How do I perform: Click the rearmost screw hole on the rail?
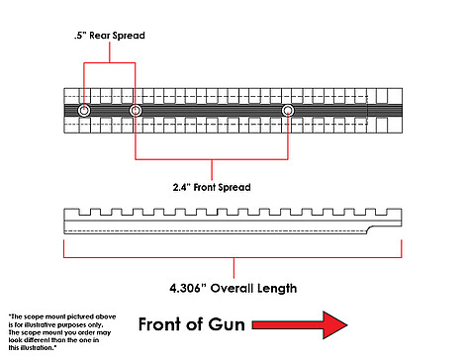pos(84,111)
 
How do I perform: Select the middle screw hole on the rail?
pos(136,111)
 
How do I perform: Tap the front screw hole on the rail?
pos(288,111)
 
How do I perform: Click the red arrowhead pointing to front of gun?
pos(334,324)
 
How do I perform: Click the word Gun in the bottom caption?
pos(227,324)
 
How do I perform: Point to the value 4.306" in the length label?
pos(187,288)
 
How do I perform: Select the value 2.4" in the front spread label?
pos(182,187)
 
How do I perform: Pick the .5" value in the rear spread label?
pos(80,36)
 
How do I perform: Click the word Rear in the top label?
pos(100,36)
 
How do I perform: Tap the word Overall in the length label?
pos(233,288)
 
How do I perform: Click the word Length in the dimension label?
pos(277,289)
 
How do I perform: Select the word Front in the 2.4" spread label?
pos(204,187)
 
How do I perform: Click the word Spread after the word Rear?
pos(129,36)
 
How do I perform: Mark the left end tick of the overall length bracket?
pos(63,248)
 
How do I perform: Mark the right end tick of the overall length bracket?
pos(402,248)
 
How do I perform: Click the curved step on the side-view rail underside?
pos(370,229)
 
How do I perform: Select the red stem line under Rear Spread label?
pos(110,52)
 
